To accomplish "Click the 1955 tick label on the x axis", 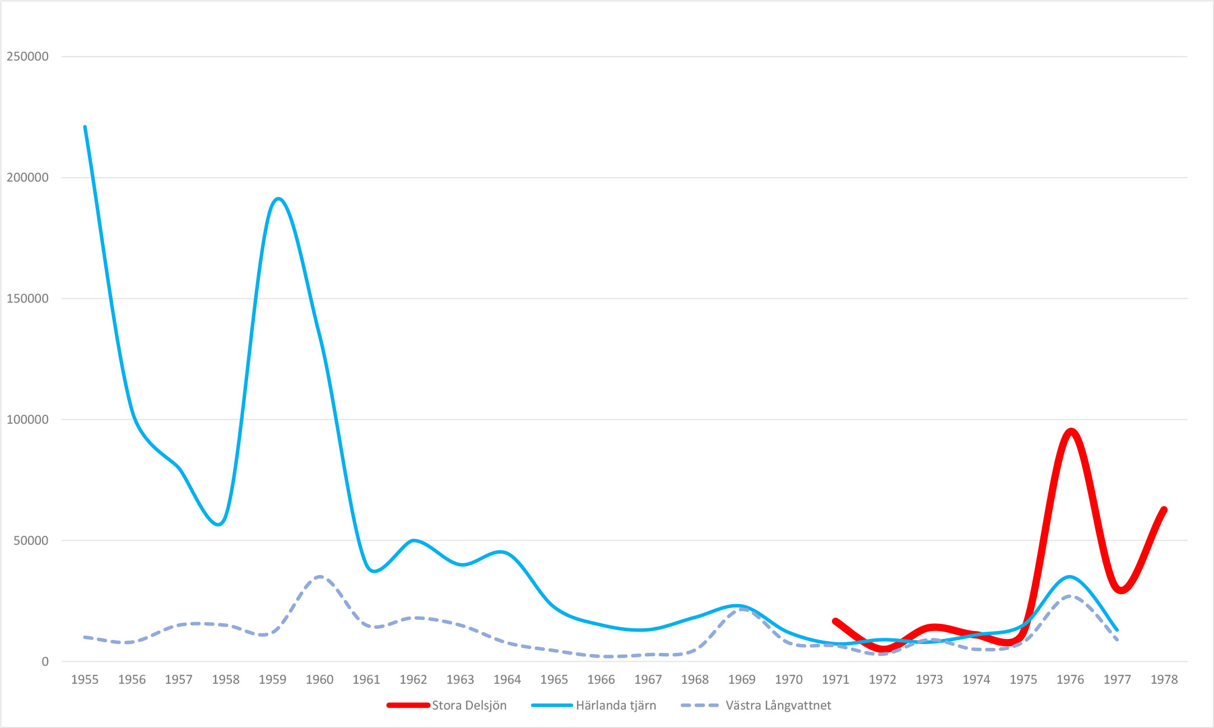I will click(x=85, y=680).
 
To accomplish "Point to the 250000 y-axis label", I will click(x=27, y=57).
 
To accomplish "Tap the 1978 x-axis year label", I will click(x=1164, y=680).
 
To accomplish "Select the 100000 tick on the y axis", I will click(x=27, y=420).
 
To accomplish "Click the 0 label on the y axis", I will click(x=45, y=662).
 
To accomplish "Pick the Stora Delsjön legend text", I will click(x=469, y=706).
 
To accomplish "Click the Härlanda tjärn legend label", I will click(x=616, y=706).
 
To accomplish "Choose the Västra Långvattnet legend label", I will click(x=778, y=706).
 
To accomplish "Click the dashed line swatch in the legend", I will click(x=700, y=706).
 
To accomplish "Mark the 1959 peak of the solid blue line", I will click(x=278, y=199).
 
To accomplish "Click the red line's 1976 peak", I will click(x=1071, y=431).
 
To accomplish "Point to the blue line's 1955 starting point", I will click(x=85, y=127).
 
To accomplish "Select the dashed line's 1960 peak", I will click(x=319, y=576).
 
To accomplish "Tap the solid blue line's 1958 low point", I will click(x=220, y=525).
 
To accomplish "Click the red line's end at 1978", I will click(x=1164, y=509).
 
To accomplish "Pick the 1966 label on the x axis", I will click(x=601, y=680).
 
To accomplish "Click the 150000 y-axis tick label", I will click(x=27, y=299).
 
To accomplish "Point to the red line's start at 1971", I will click(x=835, y=621).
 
